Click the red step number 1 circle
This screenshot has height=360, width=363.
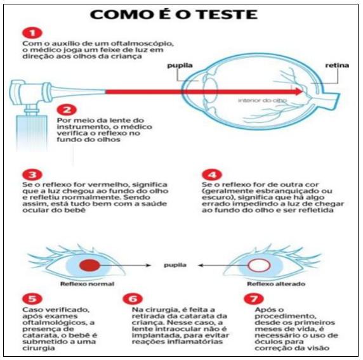pyautogui.click(x=32, y=33)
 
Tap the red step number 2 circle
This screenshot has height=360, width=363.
pyautogui.click(x=67, y=110)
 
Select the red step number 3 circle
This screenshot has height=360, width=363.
pyautogui.click(x=32, y=174)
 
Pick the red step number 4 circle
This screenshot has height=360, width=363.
pyautogui.click(x=212, y=174)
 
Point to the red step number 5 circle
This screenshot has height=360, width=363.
pyautogui.click(x=32, y=299)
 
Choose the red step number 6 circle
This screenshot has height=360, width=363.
pyautogui.click(x=133, y=299)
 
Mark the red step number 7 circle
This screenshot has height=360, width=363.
pyautogui.click(x=254, y=299)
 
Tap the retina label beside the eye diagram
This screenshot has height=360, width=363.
pyautogui.click(x=337, y=65)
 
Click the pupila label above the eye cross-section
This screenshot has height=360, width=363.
pyautogui.click(x=180, y=66)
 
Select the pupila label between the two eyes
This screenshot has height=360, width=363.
pyautogui.click(x=175, y=265)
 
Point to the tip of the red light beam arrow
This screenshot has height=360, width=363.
pyautogui.click(x=303, y=92)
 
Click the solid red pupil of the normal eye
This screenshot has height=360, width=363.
pyautogui.click(x=89, y=265)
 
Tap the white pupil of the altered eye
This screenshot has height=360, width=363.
pyautogui.click(x=260, y=265)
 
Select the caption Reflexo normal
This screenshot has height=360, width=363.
pyautogui.click(x=88, y=284)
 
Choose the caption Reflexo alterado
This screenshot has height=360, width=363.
pyautogui.click(x=276, y=284)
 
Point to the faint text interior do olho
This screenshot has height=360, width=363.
pyautogui.click(x=262, y=100)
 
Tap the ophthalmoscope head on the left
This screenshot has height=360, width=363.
pyautogui.click(x=29, y=93)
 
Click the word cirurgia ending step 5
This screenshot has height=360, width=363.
pyautogui.click(x=39, y=348)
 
